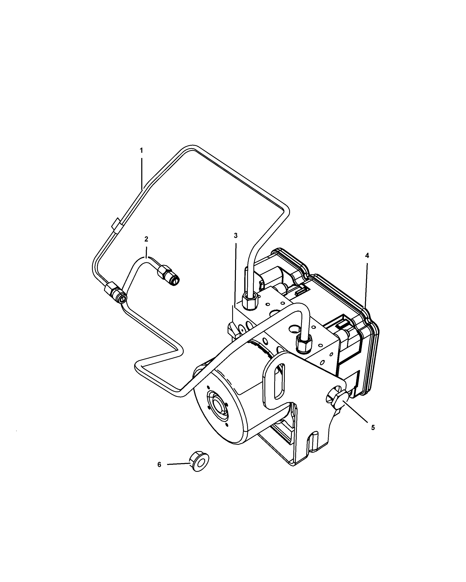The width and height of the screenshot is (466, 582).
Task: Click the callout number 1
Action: click(141, 151)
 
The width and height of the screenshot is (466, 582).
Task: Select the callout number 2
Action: click(146, 239)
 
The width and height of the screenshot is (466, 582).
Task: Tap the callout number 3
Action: click(235, 236)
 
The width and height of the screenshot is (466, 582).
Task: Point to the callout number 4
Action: click(367, 255)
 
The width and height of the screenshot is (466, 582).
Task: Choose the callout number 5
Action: click(373, 435)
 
